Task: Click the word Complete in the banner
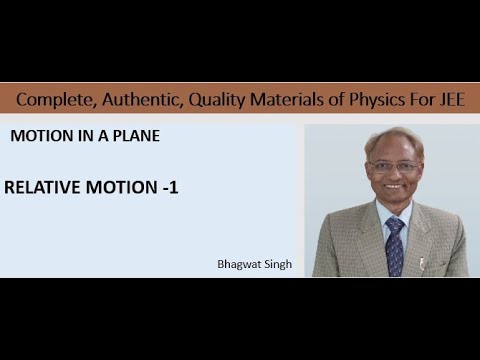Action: coord(51,100)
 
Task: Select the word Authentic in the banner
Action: coord(131,100)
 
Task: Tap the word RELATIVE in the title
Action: coord(40,186)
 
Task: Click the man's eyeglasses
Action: coord(392,166)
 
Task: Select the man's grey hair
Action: coord(392,137)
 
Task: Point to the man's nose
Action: coord(393,175)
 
